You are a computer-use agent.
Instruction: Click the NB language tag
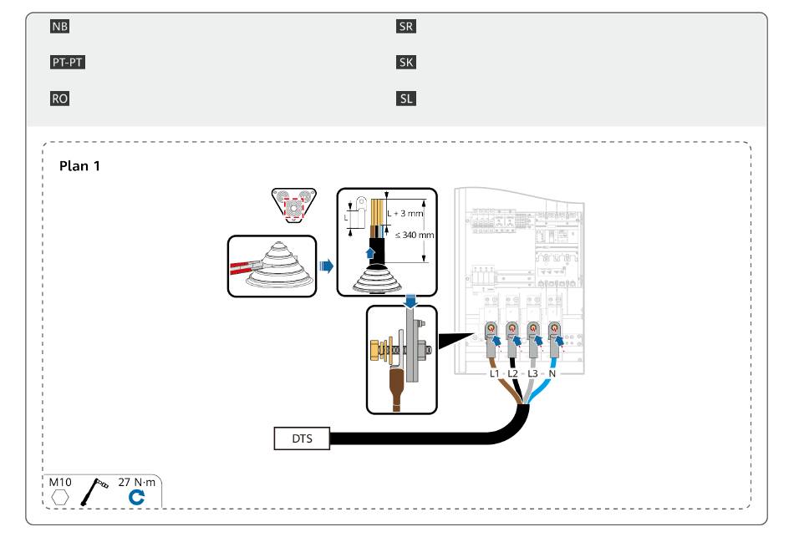point(59,27)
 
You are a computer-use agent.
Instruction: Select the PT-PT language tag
point(68,63)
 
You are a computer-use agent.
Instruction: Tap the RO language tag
point(59,99)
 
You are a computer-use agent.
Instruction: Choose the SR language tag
point(405,27)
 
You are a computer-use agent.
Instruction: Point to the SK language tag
point(405,63)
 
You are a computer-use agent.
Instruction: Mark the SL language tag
point(405,99)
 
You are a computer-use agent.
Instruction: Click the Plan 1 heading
point(79,166)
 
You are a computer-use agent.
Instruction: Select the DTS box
point(302,438)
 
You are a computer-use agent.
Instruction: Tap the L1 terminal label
point(494,373)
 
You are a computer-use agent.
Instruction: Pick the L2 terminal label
point(512,373)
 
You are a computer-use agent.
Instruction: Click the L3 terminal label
point(532,373)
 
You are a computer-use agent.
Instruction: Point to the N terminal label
point(552,373)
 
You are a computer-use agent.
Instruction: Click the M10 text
point(59,483)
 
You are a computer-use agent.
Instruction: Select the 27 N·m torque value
point(137,483)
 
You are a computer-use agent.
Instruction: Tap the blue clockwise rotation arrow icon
point(136,498)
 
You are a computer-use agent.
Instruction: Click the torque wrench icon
point(94,491)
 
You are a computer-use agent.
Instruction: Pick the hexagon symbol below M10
point(59,498)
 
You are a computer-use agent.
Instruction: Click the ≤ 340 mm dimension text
point(415,235)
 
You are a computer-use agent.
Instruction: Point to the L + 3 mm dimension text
point(405,213)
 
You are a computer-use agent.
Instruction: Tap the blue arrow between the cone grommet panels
point(327,266)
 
